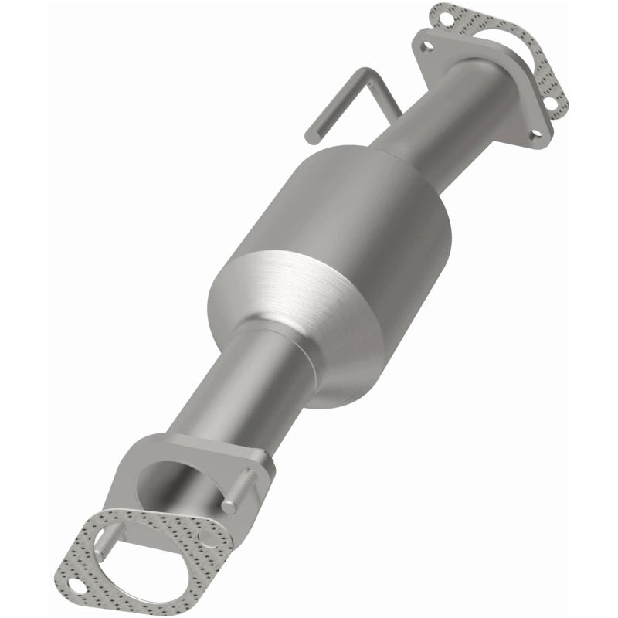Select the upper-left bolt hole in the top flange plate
click(x=425, y=46)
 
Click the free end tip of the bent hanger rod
click(x=311, y=138)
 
